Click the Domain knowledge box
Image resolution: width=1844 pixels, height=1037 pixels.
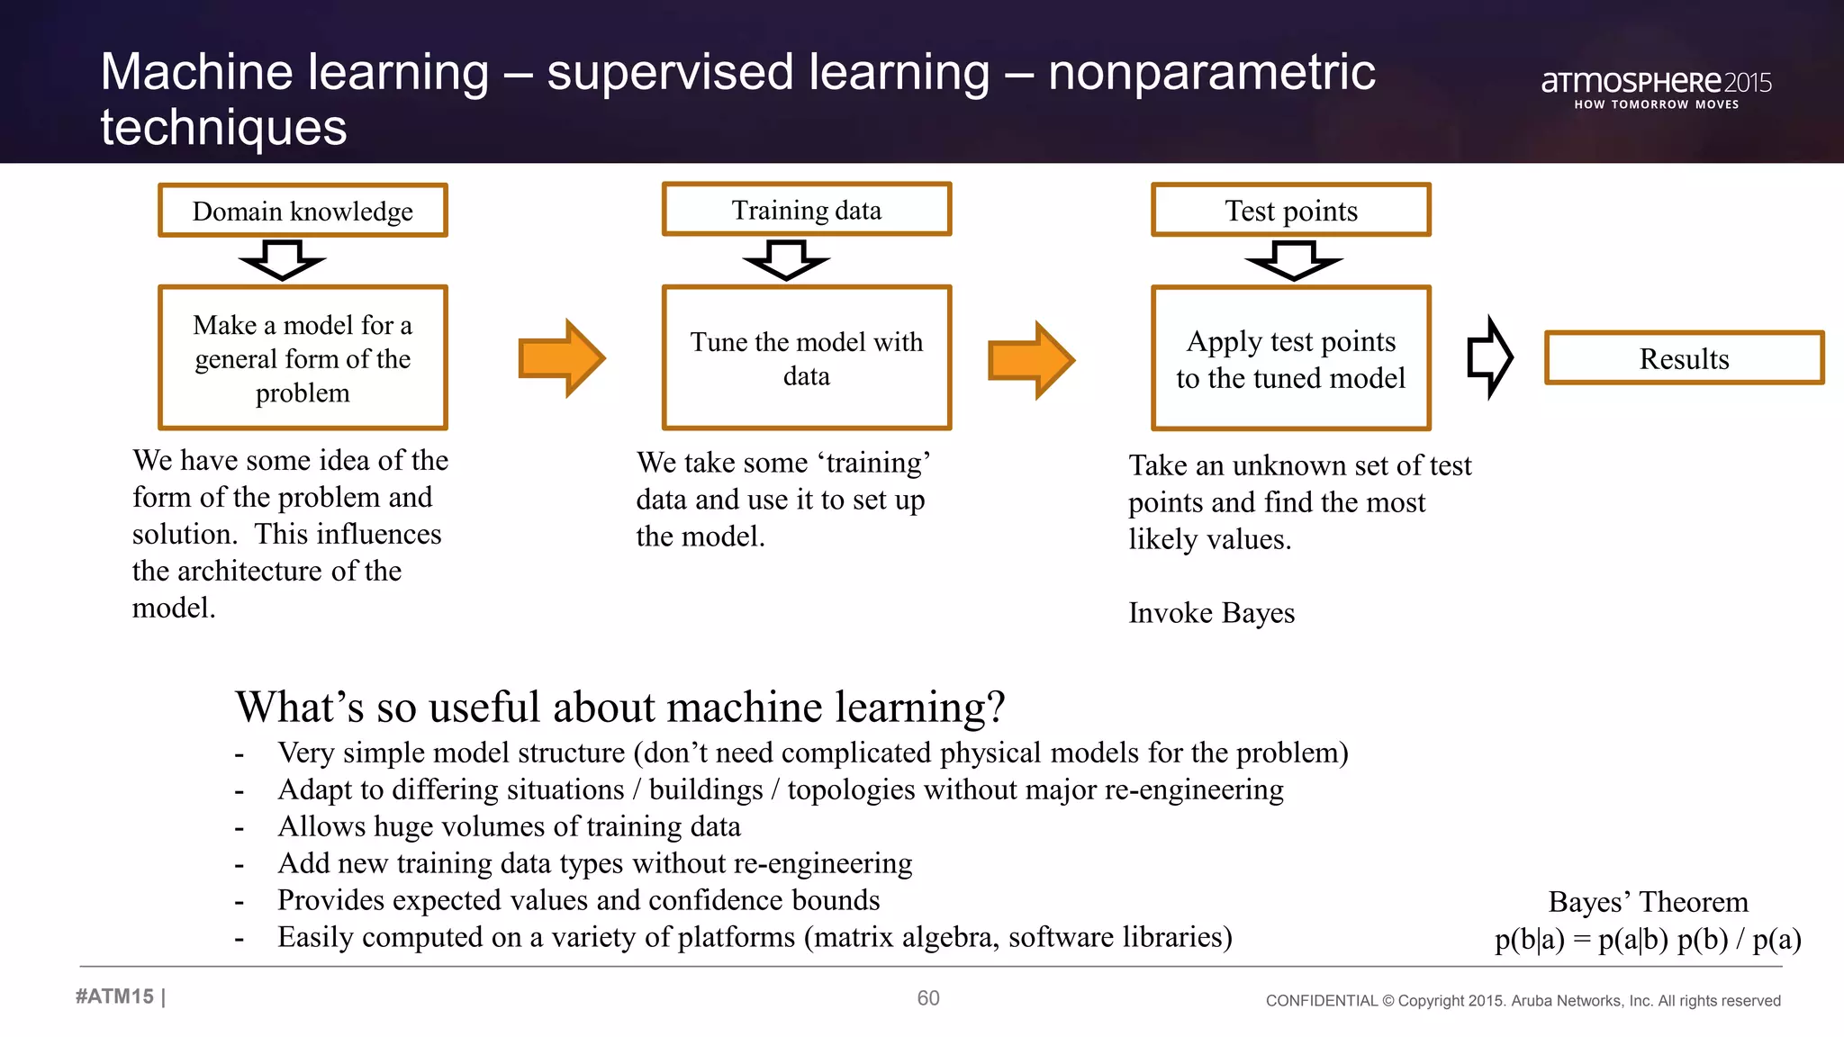click(303, 211)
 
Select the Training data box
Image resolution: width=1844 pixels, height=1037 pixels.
click(806, 210)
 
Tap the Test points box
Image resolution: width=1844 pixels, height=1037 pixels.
click(1290, 211)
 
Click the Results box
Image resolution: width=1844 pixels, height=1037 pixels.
click(1684, 358)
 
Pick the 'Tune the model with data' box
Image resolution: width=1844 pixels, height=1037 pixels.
click(806, 358)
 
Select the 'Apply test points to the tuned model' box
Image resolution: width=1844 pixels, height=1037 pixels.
click(1290, 358)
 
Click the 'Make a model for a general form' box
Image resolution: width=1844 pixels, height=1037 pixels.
click(303, 358)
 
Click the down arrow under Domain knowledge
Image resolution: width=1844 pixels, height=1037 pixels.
click(282, 259)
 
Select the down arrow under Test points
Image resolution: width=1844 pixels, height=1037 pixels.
click(1293, 260)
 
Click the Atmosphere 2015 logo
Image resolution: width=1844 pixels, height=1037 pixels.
click(1656, 87)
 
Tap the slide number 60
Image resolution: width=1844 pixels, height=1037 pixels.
click(927, 997)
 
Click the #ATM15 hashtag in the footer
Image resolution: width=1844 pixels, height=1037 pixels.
click(115, 996)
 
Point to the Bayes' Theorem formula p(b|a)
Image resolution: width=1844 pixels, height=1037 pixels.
click(1647, 939)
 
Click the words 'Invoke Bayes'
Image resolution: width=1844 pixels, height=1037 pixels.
click(1211, 613)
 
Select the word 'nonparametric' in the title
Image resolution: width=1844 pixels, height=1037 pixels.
click(1211, 72)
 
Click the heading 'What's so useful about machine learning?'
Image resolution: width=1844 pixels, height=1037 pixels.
click(619, 707)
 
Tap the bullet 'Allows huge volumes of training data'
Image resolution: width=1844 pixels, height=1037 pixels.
click(509, 826)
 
